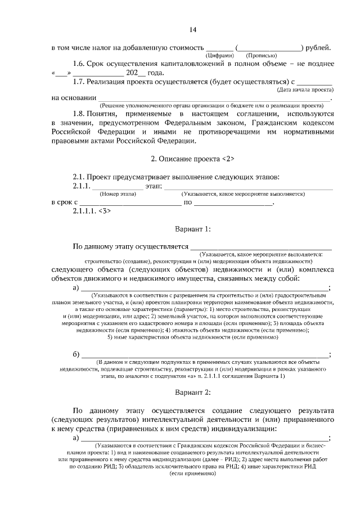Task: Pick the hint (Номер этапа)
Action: click(x=118, y=193)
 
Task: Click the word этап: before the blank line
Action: click(x=154, y=186)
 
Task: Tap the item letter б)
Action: click(x=77, y=354)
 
